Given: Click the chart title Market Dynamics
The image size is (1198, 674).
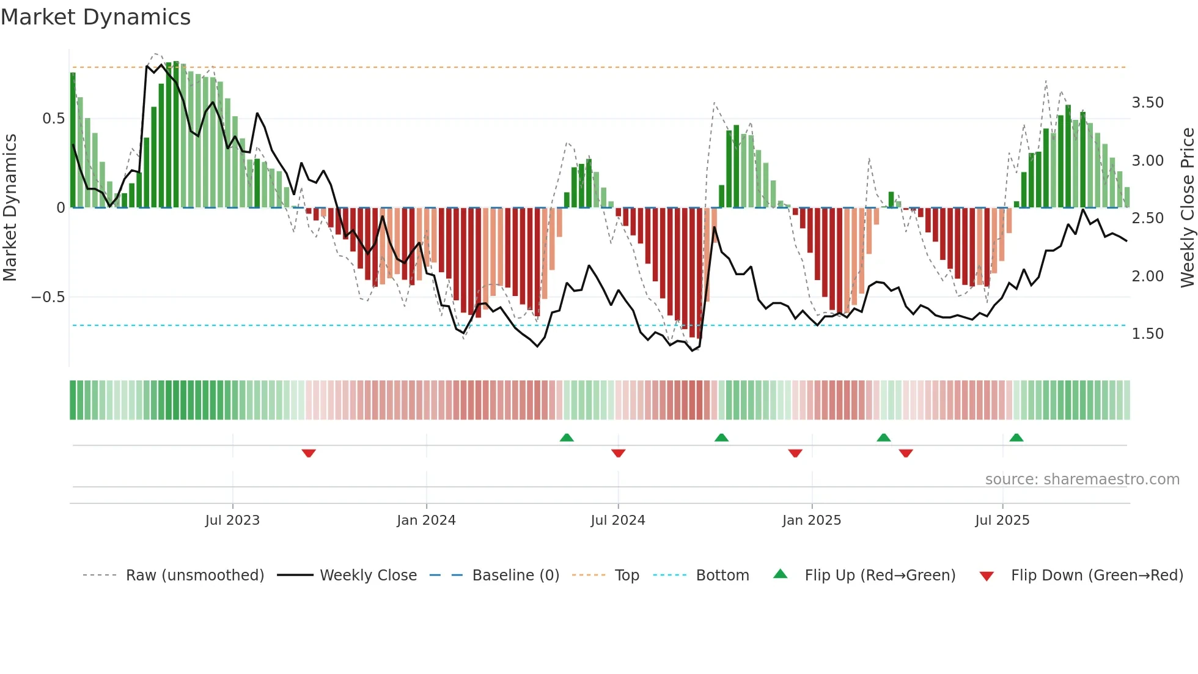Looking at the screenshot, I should [95, 17].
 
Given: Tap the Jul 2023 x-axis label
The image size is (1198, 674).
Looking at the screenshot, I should [232, 520].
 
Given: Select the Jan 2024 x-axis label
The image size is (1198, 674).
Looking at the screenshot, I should [426, 520].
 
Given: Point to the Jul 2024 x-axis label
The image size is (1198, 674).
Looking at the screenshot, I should [618, 520].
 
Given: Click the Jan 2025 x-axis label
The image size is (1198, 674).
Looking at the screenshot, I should [812, 520].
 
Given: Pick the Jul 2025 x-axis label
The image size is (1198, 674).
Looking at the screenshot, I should [1002, 520].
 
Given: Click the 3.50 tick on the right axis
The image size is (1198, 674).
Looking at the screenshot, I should [1147, 103].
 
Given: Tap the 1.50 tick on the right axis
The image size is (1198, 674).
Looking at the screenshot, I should [1147, 334].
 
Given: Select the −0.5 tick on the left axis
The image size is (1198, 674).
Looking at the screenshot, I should [48, 297].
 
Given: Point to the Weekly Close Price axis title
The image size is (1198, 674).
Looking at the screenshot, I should [1187, 207].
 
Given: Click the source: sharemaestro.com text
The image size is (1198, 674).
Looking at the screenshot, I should [1082, 480].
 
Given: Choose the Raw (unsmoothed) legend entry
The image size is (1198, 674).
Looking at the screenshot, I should [194, 576].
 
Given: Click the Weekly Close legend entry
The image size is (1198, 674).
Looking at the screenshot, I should [368, 576].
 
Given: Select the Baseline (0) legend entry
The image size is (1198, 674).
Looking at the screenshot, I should [515, 576].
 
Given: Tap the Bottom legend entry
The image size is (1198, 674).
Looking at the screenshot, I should [722, 576].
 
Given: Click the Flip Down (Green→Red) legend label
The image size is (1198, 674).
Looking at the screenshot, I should [1097, 576].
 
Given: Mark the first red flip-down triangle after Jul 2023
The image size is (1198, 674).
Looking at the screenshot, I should [309, 453].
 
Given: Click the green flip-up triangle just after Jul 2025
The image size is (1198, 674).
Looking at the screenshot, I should [1016, 437].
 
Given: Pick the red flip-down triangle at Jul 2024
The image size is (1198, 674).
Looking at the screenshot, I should [618, 453].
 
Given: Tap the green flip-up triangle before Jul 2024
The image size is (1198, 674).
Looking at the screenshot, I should [567, 437].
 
